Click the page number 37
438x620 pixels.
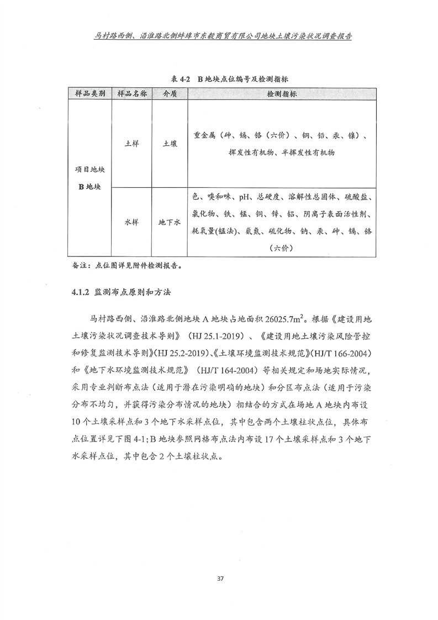(219, 579)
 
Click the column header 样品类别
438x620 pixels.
(89, 94)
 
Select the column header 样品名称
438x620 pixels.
(131, 94)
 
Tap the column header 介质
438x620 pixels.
(170, 94)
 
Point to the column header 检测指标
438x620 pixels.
(282, 94)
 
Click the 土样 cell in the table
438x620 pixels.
(131, 143)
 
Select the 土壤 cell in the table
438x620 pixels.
(170, 143)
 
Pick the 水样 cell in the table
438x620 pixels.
(131, 223)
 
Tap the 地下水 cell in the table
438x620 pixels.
(170, 223)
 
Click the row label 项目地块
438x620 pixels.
(89, 171)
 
